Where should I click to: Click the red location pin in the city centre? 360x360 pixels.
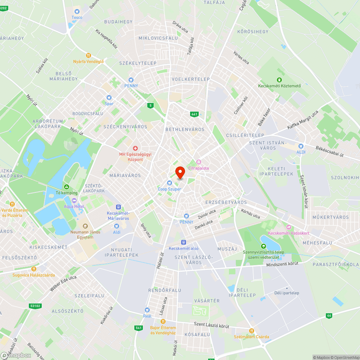click(x=180, y=172)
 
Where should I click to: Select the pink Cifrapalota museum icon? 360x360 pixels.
click(x=198, y=162)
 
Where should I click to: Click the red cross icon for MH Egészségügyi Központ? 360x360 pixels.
click(x=135, y=148)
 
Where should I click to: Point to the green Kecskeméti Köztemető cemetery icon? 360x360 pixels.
click(x=279, y=80)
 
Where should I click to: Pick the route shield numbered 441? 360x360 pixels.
click(x=194, y=114)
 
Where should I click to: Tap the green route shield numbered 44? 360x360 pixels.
click(x=329, y=315)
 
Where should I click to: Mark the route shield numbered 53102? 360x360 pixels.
click(x=35, y=306)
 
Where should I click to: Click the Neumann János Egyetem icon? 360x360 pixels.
click(x=85, y=226)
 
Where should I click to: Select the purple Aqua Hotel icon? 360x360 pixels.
click(x=74, y=200)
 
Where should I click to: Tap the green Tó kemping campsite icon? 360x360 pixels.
click(x=66, y=187)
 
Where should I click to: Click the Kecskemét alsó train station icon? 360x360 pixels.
click(x=183, y=242)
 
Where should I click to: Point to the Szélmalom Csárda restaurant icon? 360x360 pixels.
click(x=252, y=331)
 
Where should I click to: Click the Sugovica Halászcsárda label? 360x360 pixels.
click(x=33, y=275)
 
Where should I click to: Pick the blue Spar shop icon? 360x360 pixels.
click(x=109, y=98)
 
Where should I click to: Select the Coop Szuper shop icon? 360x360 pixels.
click(x=169, y=183)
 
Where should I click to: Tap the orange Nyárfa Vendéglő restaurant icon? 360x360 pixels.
click(x=88, y=55)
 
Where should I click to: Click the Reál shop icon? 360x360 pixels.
click(x=147, y=310)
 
